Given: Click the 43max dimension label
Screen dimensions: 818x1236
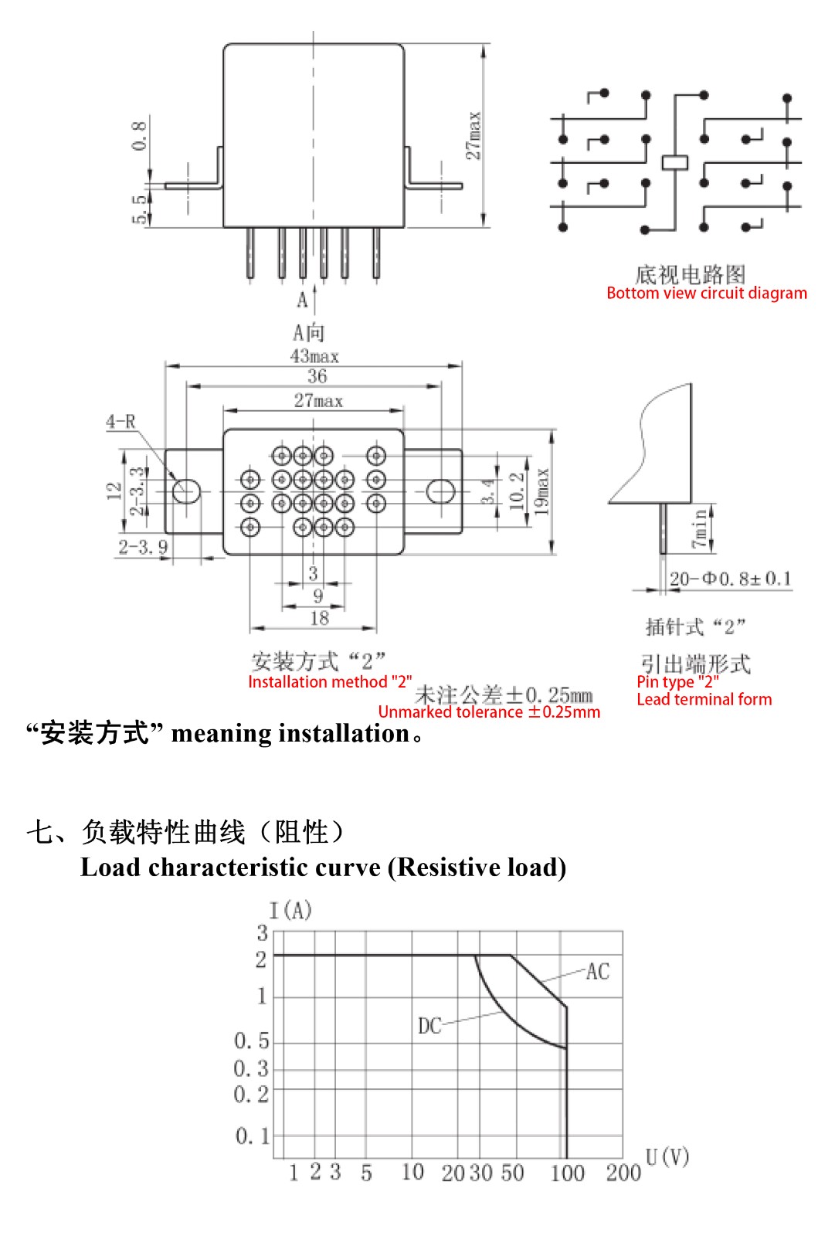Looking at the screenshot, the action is (x=314, y=356).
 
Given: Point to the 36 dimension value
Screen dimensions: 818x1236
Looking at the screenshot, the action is (x=317, y=376).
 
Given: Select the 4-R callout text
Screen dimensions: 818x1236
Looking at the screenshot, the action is (x=120, y=422).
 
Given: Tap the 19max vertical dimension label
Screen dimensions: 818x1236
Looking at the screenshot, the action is (x=542, y=491).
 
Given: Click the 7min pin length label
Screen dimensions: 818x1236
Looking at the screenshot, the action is (x=699, y=528).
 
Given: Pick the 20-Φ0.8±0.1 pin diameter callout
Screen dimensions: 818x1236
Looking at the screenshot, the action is (x=730, y=579).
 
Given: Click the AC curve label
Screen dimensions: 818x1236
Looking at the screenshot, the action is (x=598, y=972).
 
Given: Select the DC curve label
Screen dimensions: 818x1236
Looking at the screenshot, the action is (x=429, y=1027).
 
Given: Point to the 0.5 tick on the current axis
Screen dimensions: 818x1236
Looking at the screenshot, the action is (x=252, y=1041).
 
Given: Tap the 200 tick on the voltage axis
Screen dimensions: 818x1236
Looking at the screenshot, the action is (x=623, y=1173).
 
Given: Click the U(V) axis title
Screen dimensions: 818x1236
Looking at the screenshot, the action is (x=667, y=1156).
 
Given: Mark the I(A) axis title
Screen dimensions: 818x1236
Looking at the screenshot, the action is (x=290, y=910).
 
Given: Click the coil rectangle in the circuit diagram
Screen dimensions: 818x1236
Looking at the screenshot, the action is (x=674, y=162).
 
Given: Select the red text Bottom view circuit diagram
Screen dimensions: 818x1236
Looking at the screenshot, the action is (x=707, y=293).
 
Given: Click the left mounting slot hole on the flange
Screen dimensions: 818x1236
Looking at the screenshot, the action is (x=186, y=491).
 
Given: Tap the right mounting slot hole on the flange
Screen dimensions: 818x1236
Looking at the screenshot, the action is (x=441, y=491).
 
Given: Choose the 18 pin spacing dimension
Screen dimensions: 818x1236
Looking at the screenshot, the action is (x=319, y=618).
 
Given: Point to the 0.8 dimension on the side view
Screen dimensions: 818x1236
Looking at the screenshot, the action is (x=139, y=136).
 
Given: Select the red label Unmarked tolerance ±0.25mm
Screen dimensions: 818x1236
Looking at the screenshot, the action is (x=489, y=711).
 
